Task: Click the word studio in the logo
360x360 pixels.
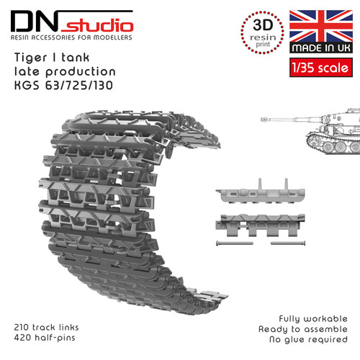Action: pyautogui.click(x=97, y=25)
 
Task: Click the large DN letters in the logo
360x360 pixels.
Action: pyautogui.click(x=35, y=22)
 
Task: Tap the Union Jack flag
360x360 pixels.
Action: pyautogui.click(x=321, y=26)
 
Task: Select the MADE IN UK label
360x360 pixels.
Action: pyautogui.click(x=321, y=48)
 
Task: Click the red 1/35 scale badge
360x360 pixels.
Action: pyautogui.click(x=321, y=68)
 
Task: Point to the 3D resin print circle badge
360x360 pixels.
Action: pyautogui.click(x=263, y=32)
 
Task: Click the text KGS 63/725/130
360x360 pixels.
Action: pyautogui.click(x=63, y=86)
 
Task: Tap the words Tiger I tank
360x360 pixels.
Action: pyautogui.click(x=52, y=58)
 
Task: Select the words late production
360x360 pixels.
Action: pyautogui.click(x=65, y=72)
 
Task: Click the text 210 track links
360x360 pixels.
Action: pyautogui.click(x=46, y=327)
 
